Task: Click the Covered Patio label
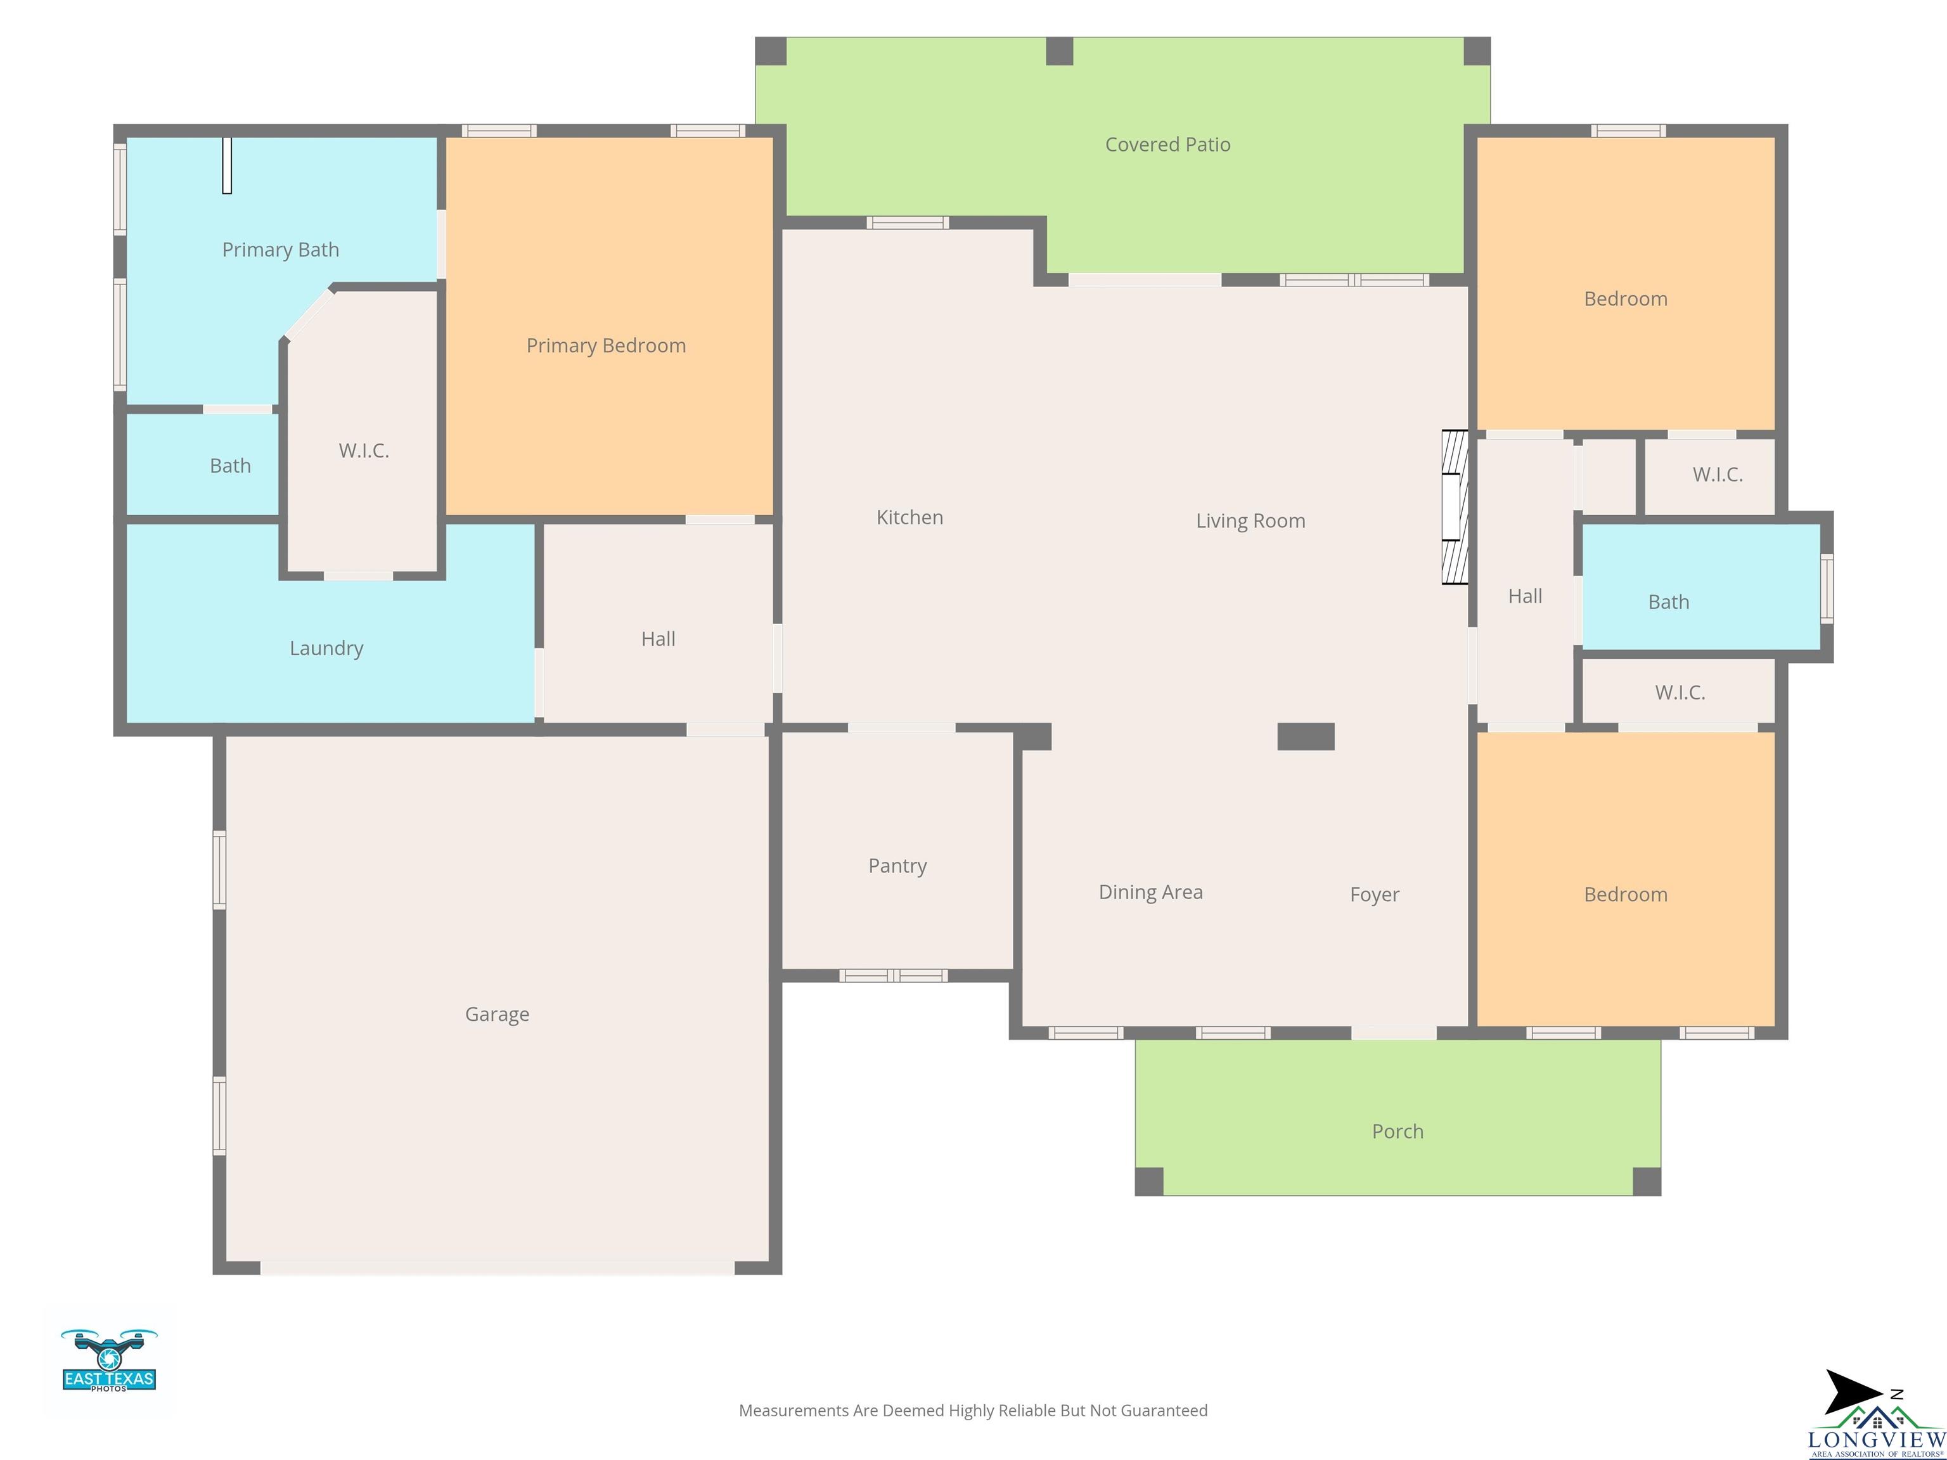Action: (x=1167, y=144)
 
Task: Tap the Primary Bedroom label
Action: (x=605, y=346)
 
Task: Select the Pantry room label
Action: (x=897, y=866)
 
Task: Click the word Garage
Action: (x=496, y=1015)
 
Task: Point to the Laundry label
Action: (x=326, y=649)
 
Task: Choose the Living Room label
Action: (x=1250, y=521)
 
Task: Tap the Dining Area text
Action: (x=1150, y=892)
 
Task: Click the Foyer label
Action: (x=1374, y=895)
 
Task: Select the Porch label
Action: (x=1397, y=1132)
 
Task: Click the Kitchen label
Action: (x=909, y=518)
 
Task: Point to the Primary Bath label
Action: (x=280, y=250)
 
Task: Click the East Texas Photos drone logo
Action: (x=109, y=1360)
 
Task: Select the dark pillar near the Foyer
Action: (x=1306, y=736)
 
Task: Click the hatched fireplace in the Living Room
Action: (x=1454, y=507)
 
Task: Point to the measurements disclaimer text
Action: (x=973, y=1411)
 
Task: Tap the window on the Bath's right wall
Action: (x=1827, y=589)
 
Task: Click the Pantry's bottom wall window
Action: (x=894, y=975)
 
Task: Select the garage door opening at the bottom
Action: (x=498, y=1267)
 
